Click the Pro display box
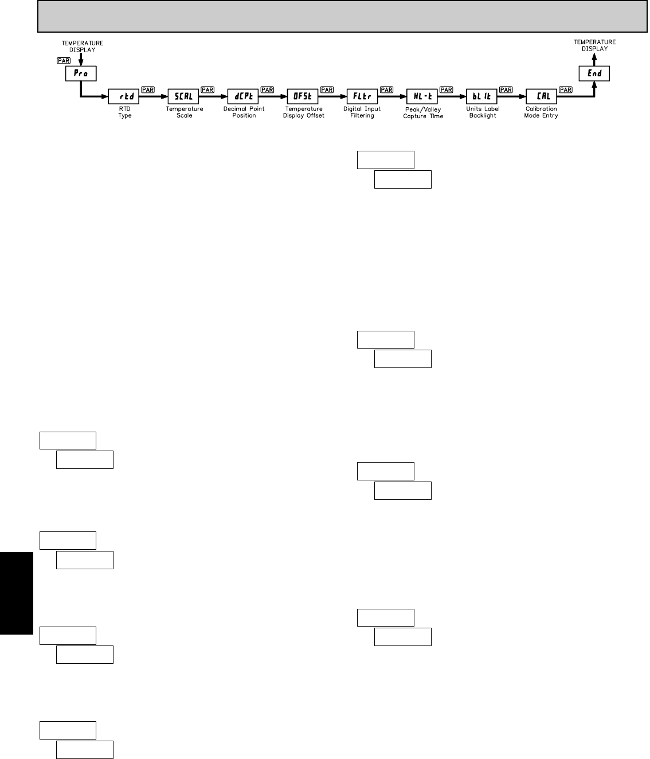(x=80, y=73)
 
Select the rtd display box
(x=124, y=96)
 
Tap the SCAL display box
(x=183, y=96)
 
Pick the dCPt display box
(x=243, y=96)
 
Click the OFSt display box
(x=303, y=96)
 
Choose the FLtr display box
(x=362, y=96)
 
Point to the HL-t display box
(x=422, y=96)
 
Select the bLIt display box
(x=482, y=96)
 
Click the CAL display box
(x=542, y=96)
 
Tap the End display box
(x=594, y=73)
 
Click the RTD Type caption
(x=124, y=112)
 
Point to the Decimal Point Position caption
(x=244, y=112)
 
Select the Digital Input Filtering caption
(x=362, y=112)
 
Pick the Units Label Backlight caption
(x=483, y=112)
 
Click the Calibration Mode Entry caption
(x=541, y=112)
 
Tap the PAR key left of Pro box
(x=63, y=60)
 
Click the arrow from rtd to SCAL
(x=154, y=96)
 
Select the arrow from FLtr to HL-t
(x=392, y=96)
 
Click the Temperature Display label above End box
(x=594, y=45)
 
